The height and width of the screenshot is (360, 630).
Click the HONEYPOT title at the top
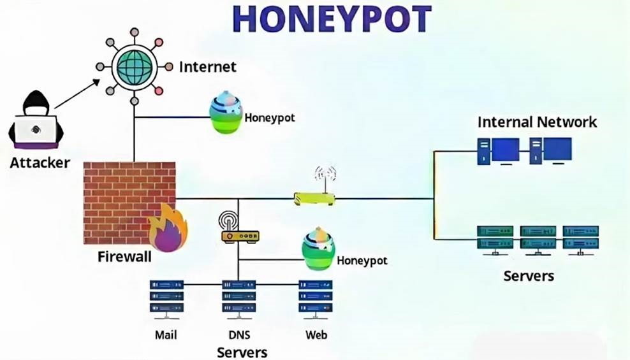point(332,19)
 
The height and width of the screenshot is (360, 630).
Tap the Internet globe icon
point(134,66)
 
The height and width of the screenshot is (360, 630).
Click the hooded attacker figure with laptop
point(36,120)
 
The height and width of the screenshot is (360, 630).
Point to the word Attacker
point(40,163)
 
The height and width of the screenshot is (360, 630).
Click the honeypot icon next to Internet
point(226,115)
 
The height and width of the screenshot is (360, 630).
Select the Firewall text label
point(125,257)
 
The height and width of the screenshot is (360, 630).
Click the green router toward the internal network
point(315,198)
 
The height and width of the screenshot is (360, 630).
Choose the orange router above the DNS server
point(239,235)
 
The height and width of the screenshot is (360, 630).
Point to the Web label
point(316,335)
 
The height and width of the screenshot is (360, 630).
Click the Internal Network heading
point(537,122)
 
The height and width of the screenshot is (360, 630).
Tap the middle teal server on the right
point(538,240)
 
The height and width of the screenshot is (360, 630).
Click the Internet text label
point(208,66)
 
